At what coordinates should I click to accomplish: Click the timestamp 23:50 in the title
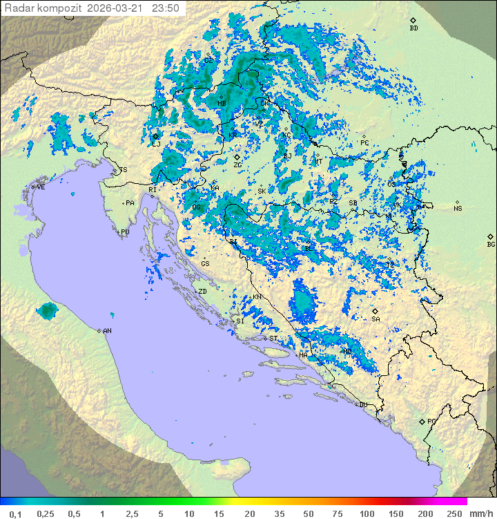tap(166, 8)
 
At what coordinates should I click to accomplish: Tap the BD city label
tap(413, 28)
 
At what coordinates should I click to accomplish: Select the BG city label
tap(491, 244)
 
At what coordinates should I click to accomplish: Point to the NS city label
tap(458, 208)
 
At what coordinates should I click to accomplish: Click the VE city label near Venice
tap(41, 187)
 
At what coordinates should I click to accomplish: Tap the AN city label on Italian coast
tap(107, 331)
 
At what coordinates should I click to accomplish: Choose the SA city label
tap(376, 319)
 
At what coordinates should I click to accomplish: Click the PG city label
tap(431, 421)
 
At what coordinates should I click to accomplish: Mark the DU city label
tap(362, 405)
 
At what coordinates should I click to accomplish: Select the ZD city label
tap(202, 292)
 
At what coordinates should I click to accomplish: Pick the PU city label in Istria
tap(125, 232)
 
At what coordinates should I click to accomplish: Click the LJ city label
tap(157, 144)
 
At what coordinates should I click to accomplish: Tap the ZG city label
tap(237, 165)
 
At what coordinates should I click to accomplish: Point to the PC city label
tap(364, 143)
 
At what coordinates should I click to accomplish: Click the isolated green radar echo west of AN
tap(47, 310)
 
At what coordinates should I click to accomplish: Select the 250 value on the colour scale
tap(454, 513)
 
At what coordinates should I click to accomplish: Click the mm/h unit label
tap(480, 513)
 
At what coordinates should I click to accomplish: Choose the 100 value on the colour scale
tap(367, 513)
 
